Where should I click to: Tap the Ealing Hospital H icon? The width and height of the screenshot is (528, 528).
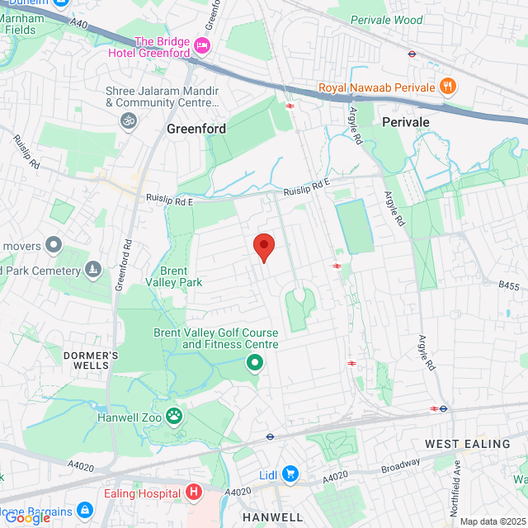(194, 493)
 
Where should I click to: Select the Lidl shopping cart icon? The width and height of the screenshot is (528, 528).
(290, 474)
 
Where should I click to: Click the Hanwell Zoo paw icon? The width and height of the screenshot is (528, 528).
(174, 416)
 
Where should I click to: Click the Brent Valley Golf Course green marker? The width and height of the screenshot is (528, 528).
(255, 362)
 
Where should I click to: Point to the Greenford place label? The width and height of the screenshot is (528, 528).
(196, 129)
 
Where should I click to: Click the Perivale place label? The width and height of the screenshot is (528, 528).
(406, 121)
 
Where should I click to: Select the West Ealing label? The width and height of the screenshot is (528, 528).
(468, 444)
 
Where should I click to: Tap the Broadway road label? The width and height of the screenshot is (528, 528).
(400, 469)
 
